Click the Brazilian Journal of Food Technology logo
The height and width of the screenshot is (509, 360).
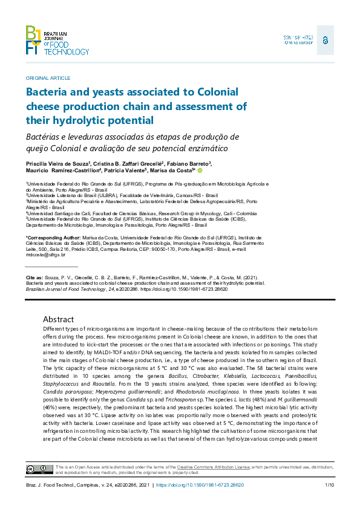(57, 41)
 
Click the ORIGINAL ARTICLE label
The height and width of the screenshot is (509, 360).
(48, 78)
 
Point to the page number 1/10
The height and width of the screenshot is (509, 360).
(329, 485)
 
